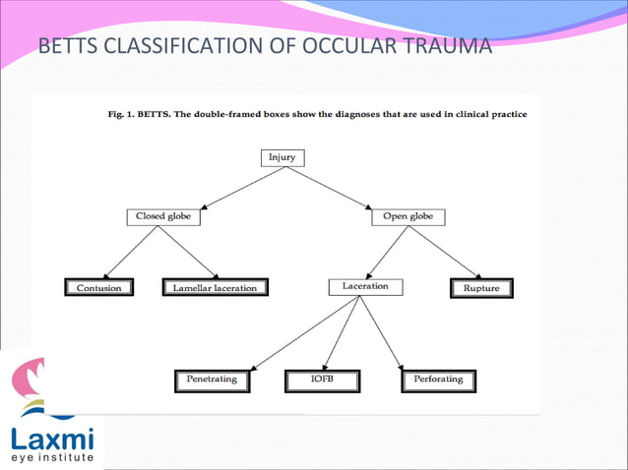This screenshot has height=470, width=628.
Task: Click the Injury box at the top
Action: (x=285, y=157)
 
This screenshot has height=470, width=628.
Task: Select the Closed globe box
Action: (x=163, y=216)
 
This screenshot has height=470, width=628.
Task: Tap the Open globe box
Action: (x=408, y=216)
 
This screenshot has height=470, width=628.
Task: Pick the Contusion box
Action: (x=99, y=288)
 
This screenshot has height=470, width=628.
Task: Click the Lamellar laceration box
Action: (x=216, y=288)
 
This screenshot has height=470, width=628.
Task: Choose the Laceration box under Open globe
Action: (x=364, y=287)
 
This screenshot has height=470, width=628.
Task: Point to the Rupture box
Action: (x=481, y=288)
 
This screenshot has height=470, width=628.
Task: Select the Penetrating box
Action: (x=212, y=379)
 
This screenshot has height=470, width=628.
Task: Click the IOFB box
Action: (x=321, y=379)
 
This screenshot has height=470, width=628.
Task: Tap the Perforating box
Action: (x=438, y=379)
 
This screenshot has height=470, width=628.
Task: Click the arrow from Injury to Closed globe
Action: (x=226, y=187)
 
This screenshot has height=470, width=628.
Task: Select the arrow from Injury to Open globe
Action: (x=345, y=187)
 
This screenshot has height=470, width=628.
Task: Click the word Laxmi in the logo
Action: (x=50, y=436)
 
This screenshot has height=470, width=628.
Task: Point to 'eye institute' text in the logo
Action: (x=52, y=457)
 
